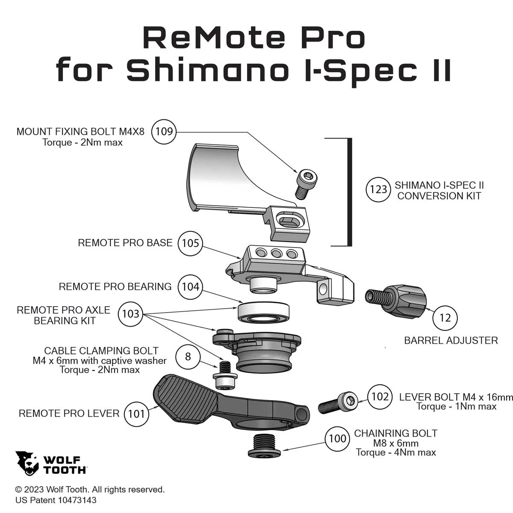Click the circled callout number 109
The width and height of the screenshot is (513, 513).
[x=164, y=132]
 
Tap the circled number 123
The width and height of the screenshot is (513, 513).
[x=378, y=189]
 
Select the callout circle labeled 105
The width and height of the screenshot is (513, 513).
[x=190, y=243]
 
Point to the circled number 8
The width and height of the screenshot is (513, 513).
[x=188, y=357]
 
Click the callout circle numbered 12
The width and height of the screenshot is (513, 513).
[x=445, y=318]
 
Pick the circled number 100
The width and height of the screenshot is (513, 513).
[x=338, y=439]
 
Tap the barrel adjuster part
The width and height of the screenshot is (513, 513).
[x=396, y=301]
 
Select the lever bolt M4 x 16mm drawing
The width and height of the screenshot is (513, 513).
[x=338, y=403]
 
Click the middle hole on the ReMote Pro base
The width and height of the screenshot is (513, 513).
[x=276, y=253]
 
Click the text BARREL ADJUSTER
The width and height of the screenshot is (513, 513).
[x=451, y=340]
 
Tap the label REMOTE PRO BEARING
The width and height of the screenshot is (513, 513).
[x=115, y=287]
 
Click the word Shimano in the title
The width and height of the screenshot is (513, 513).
[x=208, y=70]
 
